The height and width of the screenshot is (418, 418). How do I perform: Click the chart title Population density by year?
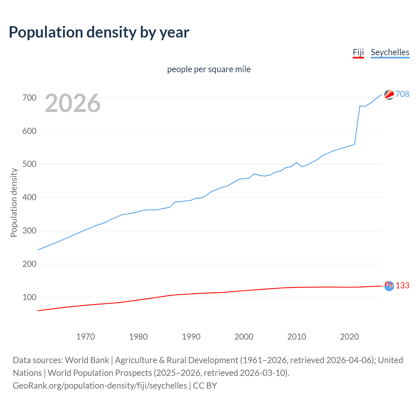point(99,32)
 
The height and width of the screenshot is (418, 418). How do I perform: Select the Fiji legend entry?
point(358,52)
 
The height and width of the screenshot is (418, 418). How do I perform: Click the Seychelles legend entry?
point(390,52)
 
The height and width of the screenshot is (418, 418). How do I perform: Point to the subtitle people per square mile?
point(209,69)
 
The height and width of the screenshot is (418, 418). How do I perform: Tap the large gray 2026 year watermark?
point(72,103)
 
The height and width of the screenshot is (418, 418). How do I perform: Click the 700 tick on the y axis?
point(29,98)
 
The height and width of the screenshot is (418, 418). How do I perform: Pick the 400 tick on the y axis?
point(29,197)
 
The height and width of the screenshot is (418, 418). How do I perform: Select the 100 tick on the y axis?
point(29,297)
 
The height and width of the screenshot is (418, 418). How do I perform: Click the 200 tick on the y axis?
point(29,264)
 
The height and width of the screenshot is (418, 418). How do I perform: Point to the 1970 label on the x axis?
point(86,337)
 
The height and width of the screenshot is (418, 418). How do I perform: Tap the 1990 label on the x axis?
point(191,337)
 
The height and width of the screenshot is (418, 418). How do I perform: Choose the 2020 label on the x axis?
point(349,337)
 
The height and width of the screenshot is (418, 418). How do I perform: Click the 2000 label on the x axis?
point(244,337)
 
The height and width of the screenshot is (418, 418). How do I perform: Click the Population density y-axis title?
point(14,202)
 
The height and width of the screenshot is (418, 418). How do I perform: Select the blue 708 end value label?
point(402,94)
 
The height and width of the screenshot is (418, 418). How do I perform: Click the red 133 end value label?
point(402,285)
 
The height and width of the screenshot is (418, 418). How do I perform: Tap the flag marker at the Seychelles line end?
point(389,95)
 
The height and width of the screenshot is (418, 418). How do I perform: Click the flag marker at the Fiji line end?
point(389,286)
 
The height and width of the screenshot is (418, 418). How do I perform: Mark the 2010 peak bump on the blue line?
point(297,162)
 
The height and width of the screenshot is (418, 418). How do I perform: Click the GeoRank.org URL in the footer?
point(100,386)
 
